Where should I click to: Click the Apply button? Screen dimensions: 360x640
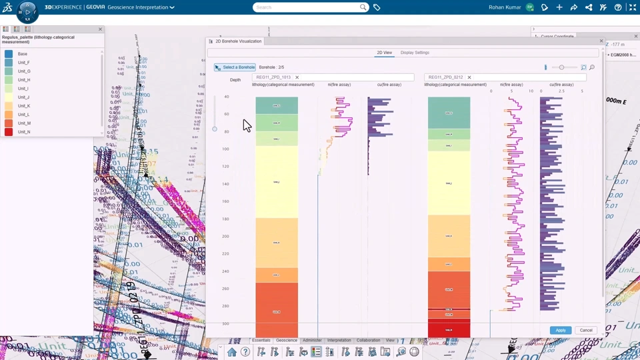[560, 330]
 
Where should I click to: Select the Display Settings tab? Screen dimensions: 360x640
[415, 53]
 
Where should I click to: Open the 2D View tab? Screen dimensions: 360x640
[384, 53]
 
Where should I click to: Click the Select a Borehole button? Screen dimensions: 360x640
[235, 67]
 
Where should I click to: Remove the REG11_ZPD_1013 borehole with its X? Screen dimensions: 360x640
[297, 77]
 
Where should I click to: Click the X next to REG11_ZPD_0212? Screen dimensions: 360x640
[469, 77]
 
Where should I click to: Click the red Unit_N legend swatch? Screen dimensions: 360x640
[9, 132]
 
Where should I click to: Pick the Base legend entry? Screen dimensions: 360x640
[23, 54]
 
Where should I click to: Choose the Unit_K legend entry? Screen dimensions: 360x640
[24, 106]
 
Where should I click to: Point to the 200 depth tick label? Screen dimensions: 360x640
[225, 236]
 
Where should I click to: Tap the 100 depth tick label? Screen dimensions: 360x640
[225, 149]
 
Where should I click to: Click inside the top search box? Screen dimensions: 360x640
[307, 7]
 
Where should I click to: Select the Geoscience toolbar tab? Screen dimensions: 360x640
[287, 340]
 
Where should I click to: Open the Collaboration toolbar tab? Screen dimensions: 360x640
[368, 340]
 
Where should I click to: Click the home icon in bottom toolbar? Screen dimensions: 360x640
[231, 352]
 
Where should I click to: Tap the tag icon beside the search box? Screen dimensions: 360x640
[377, 7]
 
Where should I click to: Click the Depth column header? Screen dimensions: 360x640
[235, 80]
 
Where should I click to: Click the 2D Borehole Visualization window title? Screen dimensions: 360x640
[239, 41]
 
